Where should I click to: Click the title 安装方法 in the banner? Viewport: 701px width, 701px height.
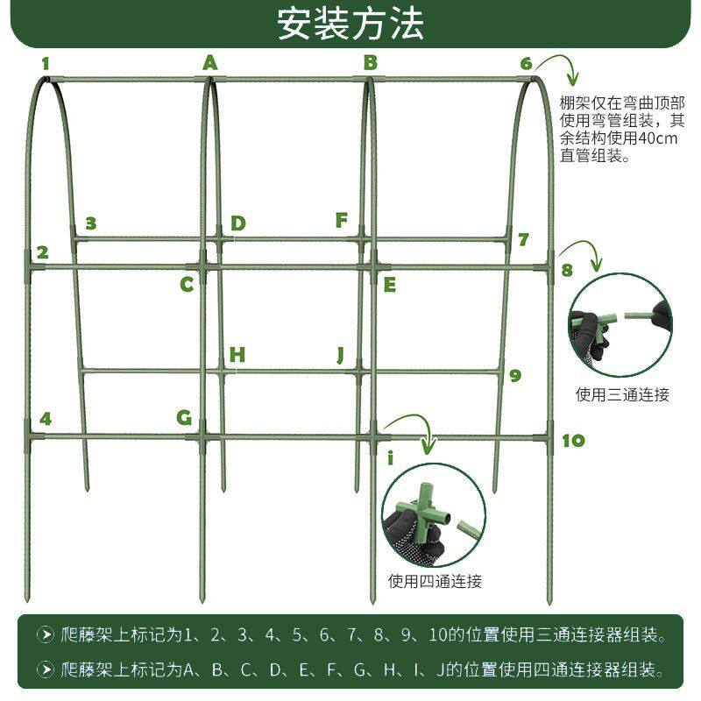coord(350,24)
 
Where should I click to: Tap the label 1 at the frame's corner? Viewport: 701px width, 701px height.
coord(45,63)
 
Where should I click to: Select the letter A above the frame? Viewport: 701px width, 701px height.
coord(209,62)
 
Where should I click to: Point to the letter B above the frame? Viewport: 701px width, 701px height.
coord(370,62)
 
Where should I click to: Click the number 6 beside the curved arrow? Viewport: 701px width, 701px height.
coord(526,63)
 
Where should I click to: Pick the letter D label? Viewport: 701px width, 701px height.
coord(238,223)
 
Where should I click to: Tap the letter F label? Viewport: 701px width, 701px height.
coord(342,220)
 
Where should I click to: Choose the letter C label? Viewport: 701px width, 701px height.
coord(187,284)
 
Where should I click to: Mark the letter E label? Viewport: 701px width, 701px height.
coord(390,284)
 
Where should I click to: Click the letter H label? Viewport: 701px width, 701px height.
coord(237,355)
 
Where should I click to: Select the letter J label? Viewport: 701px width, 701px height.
coord(341,355)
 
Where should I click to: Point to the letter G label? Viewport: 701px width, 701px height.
coord(184,417)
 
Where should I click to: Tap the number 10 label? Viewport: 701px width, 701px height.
coord(572,440)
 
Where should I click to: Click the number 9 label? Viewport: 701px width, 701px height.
coord(515,375)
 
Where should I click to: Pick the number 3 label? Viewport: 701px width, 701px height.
coord(90,223)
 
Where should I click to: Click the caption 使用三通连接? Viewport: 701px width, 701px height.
coord(622,394)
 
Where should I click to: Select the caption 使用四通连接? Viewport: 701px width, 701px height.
coord(435,581)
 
